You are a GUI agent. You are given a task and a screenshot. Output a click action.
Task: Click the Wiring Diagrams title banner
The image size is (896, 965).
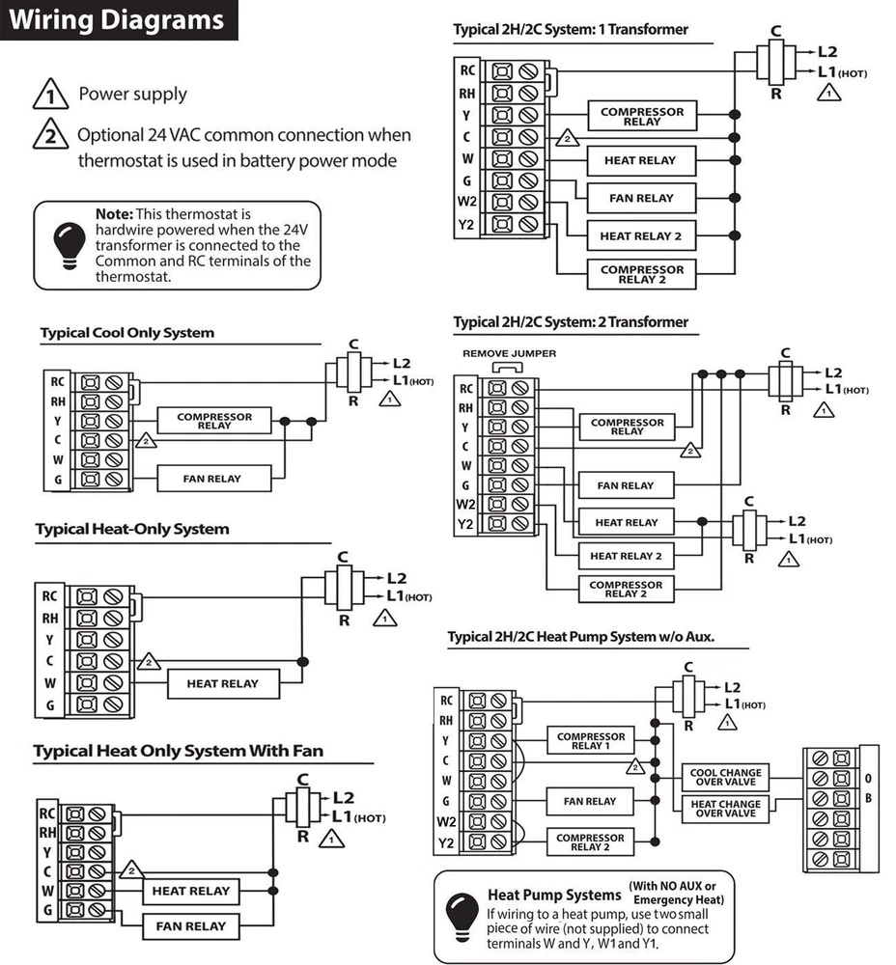(119, 20)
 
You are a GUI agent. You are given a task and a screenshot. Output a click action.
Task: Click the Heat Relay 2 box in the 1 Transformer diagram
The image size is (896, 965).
(640, 235)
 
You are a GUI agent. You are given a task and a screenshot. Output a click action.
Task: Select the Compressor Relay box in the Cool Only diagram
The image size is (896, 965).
(214, 422)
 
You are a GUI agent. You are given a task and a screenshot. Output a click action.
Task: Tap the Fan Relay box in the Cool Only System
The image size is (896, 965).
(212, 479)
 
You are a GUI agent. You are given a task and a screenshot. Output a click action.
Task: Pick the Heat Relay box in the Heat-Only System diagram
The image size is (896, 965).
(223, 683)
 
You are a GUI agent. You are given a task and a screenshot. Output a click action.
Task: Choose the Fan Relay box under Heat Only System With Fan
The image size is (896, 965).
(190, 926)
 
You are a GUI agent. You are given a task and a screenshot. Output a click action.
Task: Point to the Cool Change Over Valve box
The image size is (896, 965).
(725, 777)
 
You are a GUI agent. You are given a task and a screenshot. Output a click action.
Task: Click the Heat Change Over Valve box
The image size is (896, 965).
(725, 809)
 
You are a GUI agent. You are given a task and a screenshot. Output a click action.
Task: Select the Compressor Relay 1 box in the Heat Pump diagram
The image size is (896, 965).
(590, 741)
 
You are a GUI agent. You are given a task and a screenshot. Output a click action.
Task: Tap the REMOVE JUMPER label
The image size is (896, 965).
(509, 354)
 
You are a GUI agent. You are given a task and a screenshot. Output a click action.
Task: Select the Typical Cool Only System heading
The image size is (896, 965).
(127, 333)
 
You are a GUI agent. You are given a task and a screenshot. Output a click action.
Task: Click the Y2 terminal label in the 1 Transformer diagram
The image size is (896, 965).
(467, 225)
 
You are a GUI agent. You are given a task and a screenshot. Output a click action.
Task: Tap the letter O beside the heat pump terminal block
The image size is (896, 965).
(868, 779)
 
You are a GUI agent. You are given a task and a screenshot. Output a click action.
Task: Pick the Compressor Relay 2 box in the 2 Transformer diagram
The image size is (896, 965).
(626, 589)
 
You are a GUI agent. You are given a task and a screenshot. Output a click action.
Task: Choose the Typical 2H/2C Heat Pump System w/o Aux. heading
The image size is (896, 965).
(587, 637)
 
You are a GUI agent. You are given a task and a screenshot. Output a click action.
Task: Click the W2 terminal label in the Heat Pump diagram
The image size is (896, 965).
(446, 822)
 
